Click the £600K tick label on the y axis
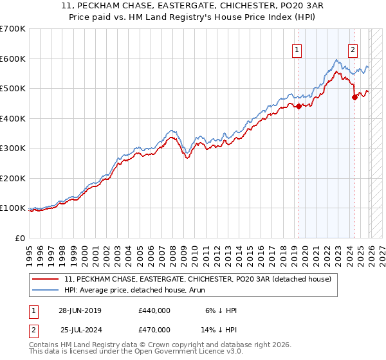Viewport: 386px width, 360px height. click(13, 59)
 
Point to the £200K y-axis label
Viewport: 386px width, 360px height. click(13, 178)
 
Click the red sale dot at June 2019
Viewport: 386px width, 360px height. click(299, 107)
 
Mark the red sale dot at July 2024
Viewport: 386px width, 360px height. click(354, 98)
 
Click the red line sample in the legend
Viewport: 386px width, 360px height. click(46, 279)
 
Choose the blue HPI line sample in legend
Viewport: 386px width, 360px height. click(46, 291)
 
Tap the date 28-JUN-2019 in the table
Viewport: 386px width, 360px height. click(80, 310)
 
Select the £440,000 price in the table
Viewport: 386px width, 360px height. click(154, 310)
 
